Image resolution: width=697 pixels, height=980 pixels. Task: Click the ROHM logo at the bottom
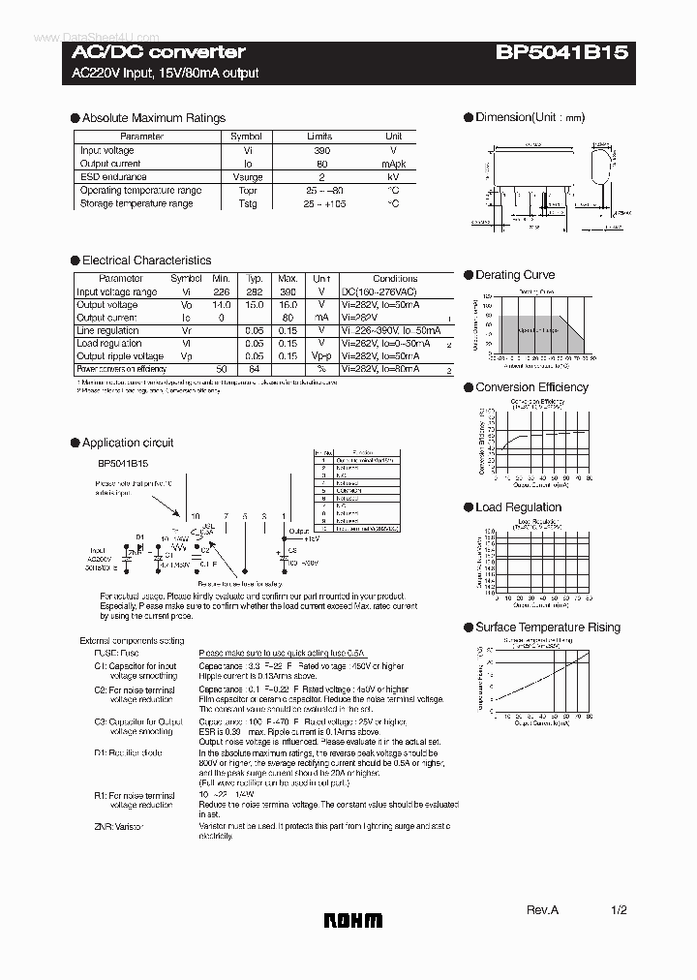point(353,921)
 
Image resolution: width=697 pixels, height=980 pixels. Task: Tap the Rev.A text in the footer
point(543,910)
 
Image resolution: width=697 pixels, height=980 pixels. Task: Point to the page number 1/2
point(620,910)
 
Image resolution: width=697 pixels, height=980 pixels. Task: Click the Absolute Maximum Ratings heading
point(153,118)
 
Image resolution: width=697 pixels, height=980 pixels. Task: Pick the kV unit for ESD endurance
point(393,177)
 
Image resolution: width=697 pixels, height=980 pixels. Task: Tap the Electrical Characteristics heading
point(146,260)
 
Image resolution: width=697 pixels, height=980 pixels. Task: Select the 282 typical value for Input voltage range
point(255,291)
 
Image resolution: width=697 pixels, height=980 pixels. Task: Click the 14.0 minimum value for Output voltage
point(222,305)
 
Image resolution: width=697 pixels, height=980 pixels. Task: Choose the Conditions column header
point(395,278)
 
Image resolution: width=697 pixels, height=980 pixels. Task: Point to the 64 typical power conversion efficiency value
point(255,369)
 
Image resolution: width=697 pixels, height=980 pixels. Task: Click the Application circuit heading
point(128,443)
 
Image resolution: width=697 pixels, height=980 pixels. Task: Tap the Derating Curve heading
point(515,275)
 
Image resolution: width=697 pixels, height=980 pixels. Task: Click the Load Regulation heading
point(518,507)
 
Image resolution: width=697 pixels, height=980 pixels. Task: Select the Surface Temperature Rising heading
point(548,628)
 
